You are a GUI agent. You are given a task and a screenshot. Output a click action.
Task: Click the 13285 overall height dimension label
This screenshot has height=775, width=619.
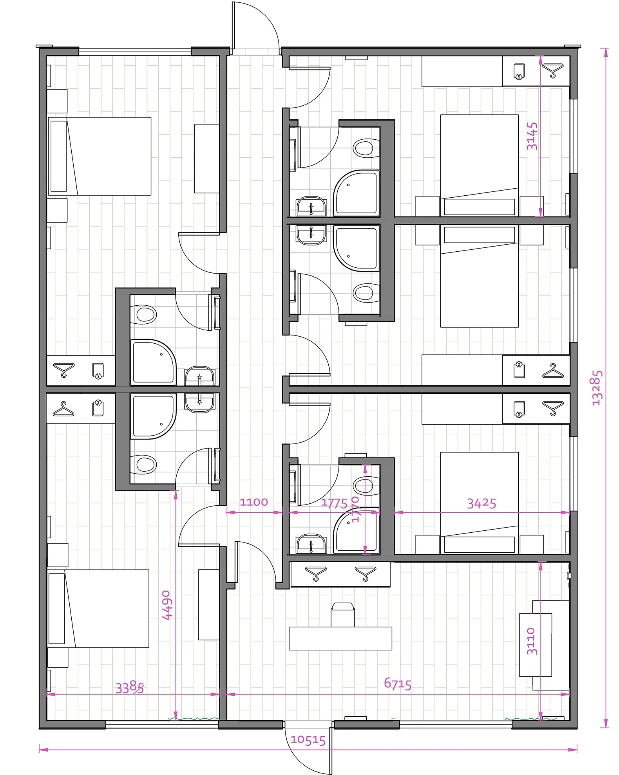[597, 388]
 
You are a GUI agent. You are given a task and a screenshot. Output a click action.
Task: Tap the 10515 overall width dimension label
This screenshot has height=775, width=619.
[308, 740]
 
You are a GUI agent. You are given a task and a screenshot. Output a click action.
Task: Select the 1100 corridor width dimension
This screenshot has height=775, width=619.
[254, 502]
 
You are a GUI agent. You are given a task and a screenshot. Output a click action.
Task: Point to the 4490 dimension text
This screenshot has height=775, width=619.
[167, 605]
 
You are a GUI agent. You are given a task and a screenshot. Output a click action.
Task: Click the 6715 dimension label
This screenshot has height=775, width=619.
[398, 684]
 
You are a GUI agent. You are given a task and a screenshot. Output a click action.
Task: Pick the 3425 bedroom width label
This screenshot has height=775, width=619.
[481, 503]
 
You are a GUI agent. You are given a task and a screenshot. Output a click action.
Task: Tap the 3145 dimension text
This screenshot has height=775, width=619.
[532, 136]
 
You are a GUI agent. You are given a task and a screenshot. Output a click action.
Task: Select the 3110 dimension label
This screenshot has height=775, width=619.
[532, 641]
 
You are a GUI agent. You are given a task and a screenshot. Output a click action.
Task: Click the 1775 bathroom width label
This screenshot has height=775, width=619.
[334, 503]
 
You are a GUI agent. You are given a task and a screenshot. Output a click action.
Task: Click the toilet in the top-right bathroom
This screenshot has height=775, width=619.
[366, 148]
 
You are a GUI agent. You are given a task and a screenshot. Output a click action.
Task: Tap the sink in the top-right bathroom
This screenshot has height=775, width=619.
[311, 206]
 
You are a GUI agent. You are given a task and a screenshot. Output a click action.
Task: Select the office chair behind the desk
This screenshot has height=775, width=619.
[343, 615]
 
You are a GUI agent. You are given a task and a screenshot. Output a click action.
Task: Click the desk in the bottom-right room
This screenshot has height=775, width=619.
[340, 638]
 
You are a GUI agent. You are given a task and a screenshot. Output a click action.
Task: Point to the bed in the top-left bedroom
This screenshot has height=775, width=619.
[100, 156]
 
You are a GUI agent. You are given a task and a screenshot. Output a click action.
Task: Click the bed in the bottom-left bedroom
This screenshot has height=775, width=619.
[98, 609]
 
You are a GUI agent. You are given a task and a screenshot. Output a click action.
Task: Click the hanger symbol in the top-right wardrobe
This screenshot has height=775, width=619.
[553, 71]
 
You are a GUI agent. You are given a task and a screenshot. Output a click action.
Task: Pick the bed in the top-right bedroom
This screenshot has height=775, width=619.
[480, 165]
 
